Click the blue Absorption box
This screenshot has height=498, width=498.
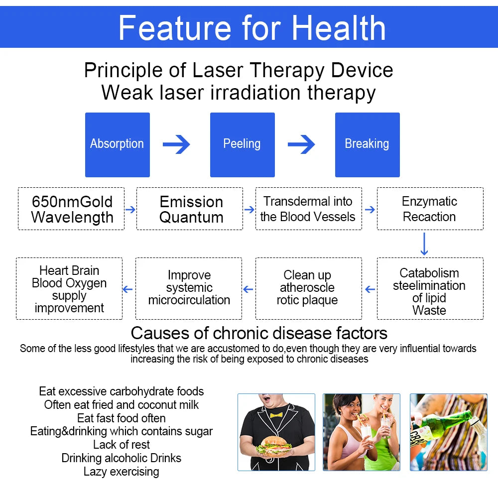tap(117, 144)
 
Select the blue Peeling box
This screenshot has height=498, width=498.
tap(242, 144)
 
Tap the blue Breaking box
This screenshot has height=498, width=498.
tap(367, 144)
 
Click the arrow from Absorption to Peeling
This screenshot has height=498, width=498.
tap(176, 144)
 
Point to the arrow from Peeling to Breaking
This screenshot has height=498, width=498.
tap(301, 144)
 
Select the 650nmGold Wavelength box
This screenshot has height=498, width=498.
tap(71, 209)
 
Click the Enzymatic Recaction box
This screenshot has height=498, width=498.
tap(430, 209)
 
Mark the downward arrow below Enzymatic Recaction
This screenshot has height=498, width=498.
tap(424, 244)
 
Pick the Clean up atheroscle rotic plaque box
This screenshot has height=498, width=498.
tap(308, 288)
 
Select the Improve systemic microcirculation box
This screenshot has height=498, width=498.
tap(189, 288)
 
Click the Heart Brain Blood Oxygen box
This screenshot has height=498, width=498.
tap(69, 288)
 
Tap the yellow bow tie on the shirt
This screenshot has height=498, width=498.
tap(276, 414)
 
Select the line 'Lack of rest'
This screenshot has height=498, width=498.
tap(122, 445)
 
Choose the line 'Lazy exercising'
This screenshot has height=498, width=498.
tap(122, 472)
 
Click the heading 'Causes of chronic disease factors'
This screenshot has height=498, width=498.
tap(259, 333)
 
